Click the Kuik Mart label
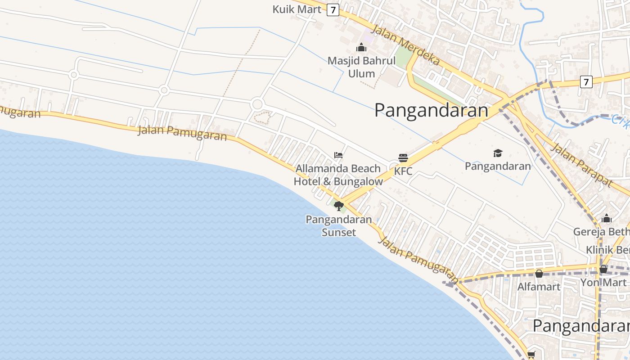297,9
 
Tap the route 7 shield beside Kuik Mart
333,9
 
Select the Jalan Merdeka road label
405,45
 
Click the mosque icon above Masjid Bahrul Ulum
361,47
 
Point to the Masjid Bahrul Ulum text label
361,67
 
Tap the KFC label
403,171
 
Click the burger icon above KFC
403,158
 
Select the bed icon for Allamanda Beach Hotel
338,155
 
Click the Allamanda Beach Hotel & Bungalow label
338,175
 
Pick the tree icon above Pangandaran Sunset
339,206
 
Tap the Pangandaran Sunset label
339,226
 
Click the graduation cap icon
498,153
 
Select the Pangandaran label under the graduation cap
498,166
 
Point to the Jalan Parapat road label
581,165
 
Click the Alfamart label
539,287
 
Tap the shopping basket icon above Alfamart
539,274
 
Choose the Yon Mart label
603,282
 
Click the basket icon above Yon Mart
603,269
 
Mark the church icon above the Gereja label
607,219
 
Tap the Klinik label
607,250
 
